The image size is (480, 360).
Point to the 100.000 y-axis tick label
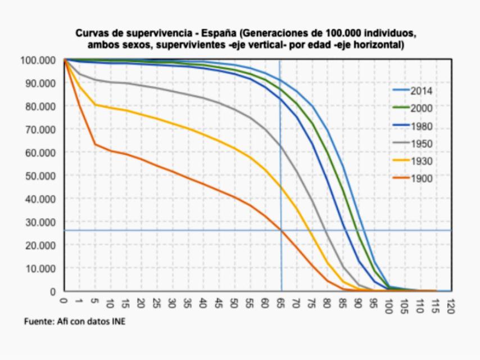click(38, 60)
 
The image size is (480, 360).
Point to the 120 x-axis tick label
click(450, 304)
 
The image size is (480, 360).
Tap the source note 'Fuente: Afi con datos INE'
click(75, 322)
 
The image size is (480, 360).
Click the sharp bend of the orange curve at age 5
click(96, 145)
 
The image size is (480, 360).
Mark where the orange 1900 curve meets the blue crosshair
click(280, 230)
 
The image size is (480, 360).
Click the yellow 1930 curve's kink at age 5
click(96, 105)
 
